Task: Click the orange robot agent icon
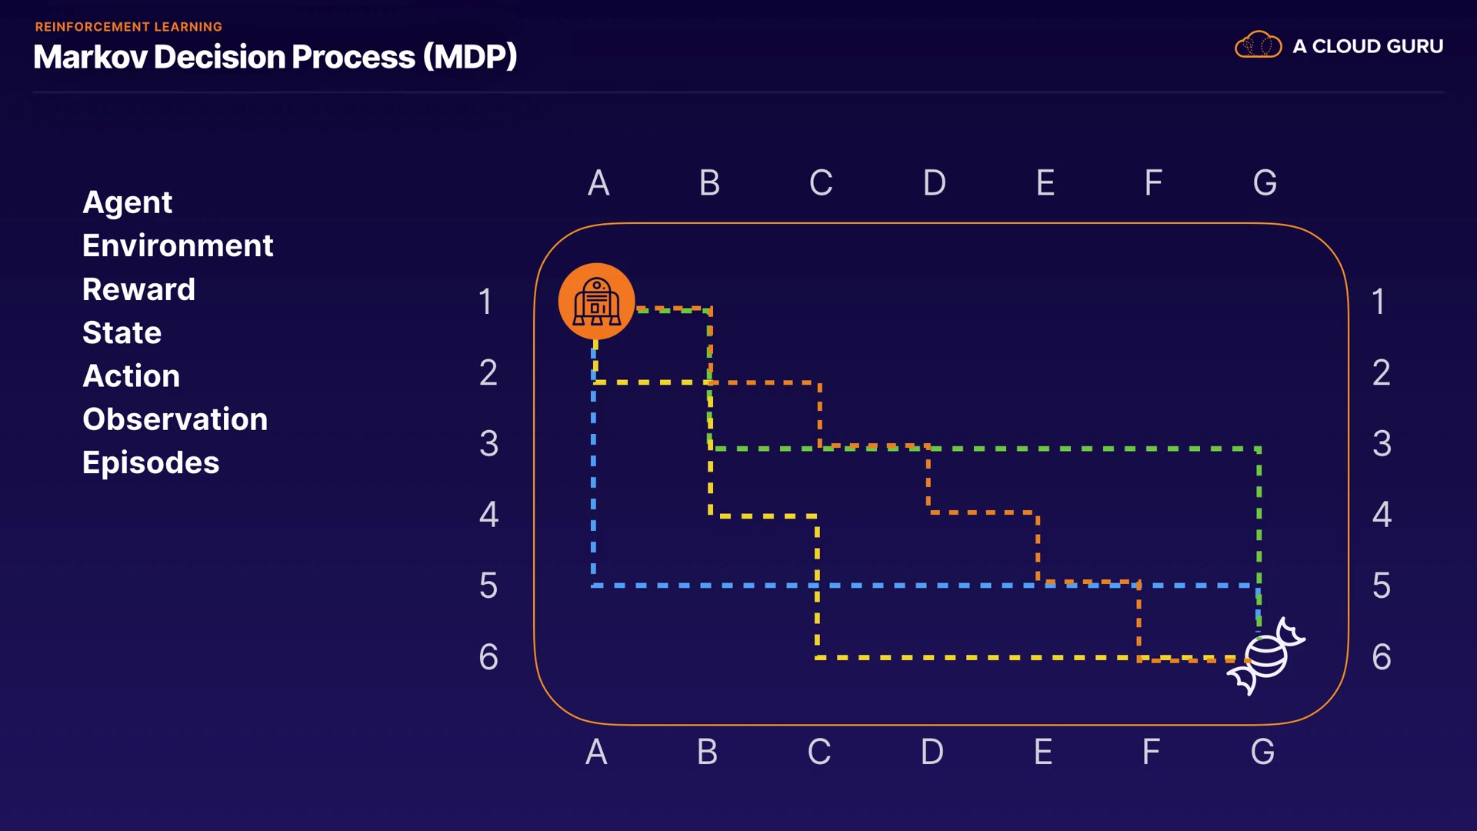tap(596, 301)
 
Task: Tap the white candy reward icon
tap(1265, 656)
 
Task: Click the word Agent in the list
tap(127, 202)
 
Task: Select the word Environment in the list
tap(178, 245)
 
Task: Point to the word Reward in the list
tap(138, 289)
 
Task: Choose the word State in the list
tap(122, 332)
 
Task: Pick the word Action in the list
tap(131, 375)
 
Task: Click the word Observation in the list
tap(175, 419)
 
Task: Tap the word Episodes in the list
tap(151, 462)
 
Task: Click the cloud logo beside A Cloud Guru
tap(1258, 45)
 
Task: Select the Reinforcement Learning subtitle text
tap(128, 27)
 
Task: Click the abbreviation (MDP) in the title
tap(470, 57)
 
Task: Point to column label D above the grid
tap(934, 183)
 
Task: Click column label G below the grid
tap(1262, 752)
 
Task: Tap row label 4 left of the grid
tap(488, 514)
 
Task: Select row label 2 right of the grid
tap(1382, 372)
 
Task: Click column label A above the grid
tap(598, 183)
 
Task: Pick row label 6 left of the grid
tap(488, 656)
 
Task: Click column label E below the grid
tap(1043, 752)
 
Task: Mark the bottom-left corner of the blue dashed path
tap(593, 586)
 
